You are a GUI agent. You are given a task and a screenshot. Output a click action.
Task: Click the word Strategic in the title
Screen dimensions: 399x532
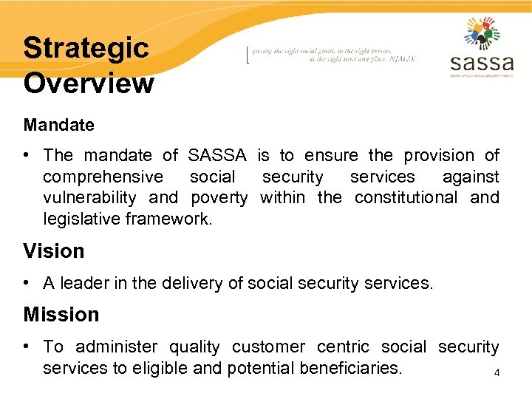click(x=86, y=49)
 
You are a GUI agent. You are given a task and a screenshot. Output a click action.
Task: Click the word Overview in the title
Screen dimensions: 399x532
click(x=89, y=83)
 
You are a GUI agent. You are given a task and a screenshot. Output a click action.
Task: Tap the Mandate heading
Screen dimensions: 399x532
click(x=59, y=125)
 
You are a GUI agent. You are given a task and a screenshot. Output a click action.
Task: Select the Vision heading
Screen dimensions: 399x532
click(x=54, y=251)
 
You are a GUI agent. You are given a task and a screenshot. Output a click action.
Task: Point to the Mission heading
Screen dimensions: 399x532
click(x=61, y=315)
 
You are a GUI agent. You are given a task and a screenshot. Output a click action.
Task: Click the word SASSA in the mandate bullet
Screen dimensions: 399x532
click(x=219, y=155)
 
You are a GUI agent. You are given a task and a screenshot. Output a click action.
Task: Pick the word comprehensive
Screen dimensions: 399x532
click(x=103, y=177)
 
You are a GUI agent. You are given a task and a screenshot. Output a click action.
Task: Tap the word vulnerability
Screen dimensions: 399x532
click(x=89, y=197)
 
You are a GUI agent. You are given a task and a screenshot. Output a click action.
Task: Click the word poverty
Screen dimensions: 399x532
click(x=219, y=197)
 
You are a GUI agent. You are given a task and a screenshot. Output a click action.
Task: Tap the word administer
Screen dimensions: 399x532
click(x=117, y=347)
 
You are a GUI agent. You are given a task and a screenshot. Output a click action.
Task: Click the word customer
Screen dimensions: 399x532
click(x=269, y=347)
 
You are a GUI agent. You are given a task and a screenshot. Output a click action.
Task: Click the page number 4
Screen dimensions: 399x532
click(x=497, y=373)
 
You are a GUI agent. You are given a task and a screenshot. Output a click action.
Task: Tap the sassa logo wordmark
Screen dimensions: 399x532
click(x=481, y=61)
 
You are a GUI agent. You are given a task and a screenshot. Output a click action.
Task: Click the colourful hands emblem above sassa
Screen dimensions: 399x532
click(x=482, y=31)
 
